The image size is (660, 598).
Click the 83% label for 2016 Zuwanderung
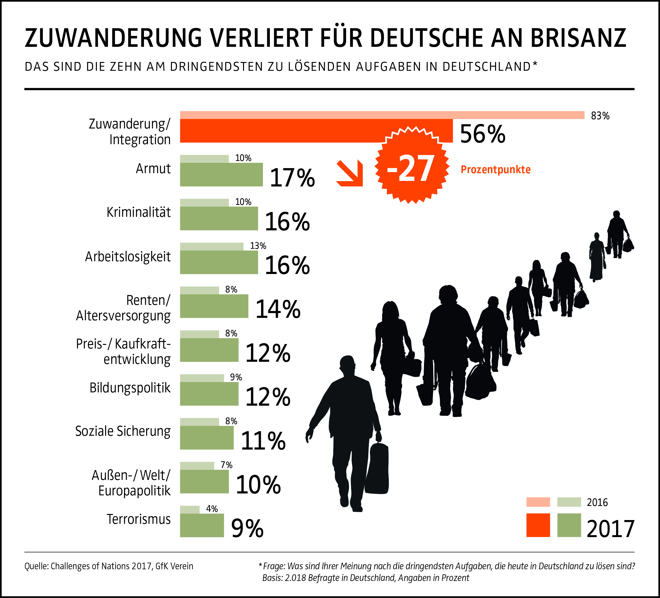tap(600, 116)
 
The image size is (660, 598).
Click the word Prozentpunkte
tap(495, 169)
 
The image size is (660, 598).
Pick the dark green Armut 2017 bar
tap(221, 175)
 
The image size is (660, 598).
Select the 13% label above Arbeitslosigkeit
tap(258, 246)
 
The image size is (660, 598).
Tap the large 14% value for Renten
tap(278, 309)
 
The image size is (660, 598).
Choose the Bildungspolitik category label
tap(130, 388)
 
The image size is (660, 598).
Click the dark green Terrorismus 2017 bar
tap(202, 526)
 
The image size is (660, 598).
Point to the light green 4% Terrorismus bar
tap(189, 510)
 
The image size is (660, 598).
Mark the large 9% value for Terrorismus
tap(247, 528)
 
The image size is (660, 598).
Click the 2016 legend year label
tap(597, 503)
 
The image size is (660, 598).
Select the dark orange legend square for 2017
tap(538, 525)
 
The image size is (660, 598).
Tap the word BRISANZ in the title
tap(578, 38)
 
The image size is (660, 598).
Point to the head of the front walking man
tap(347, 364)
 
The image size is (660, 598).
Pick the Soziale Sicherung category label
tap(123, 431)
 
